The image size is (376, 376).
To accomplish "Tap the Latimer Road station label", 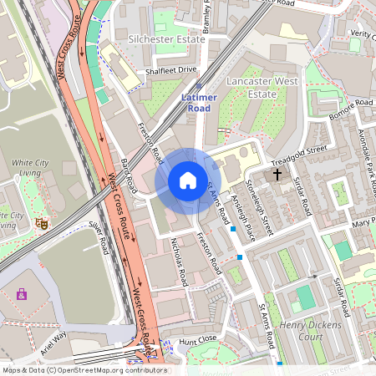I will pyautogui.click(x=199, y=103).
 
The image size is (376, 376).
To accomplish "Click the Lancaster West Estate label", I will pyautogui.click(x=262, y=88).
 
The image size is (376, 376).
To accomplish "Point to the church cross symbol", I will pyautogui.click(x=277, y=175).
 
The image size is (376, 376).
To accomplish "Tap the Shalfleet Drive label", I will pyautogui.click(x=170, y=70).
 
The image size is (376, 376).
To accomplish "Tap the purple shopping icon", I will pyautogui.click(x=21, y=293).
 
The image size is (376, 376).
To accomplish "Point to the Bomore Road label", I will pyautogui.click(x=351, y=109).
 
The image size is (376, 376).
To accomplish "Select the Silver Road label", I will pyautogui.click(x=99, y=236).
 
